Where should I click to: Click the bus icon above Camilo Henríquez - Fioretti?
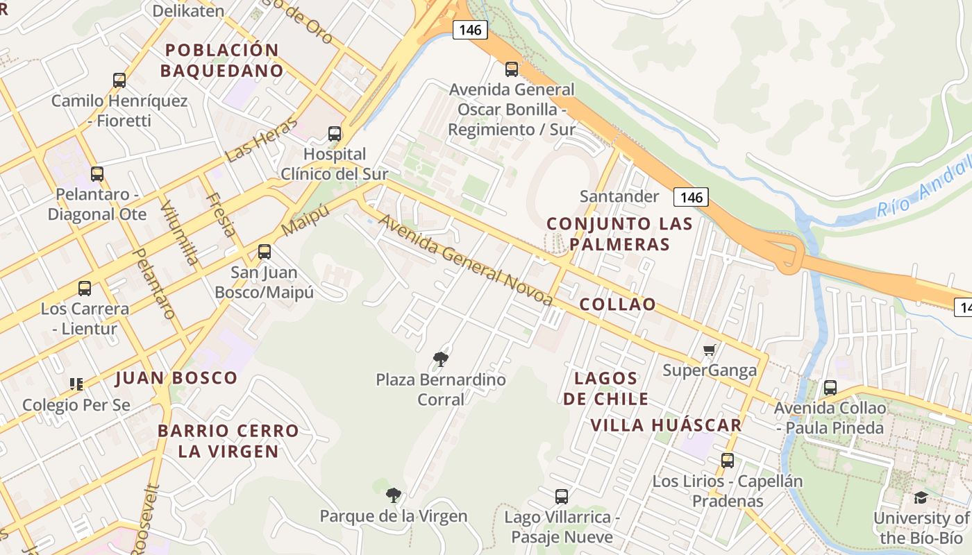coord(119,80)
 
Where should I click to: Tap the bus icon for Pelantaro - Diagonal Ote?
coord(97,174)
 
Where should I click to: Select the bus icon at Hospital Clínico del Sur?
coord(335,133)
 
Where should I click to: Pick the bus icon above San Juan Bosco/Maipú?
coord(265,252)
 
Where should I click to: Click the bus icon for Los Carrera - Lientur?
coord(85,289)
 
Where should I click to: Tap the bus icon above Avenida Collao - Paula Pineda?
coord(830,388)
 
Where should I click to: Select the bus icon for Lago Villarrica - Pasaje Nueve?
coord(562,497)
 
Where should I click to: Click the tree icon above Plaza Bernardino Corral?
coord(440,359)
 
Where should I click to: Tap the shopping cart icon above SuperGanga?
coord(709,350)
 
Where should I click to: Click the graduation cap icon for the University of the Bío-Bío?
coord(921,497)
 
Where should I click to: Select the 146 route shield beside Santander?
coord(691,198)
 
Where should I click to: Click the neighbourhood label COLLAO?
coord(617,305)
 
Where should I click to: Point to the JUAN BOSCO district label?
coord(176,378)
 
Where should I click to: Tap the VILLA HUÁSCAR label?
coord(666,425)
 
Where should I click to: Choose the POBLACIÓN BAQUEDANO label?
coord(222,60)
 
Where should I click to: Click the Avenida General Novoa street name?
coord(466,259)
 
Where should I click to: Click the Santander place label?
coord(619,196)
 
